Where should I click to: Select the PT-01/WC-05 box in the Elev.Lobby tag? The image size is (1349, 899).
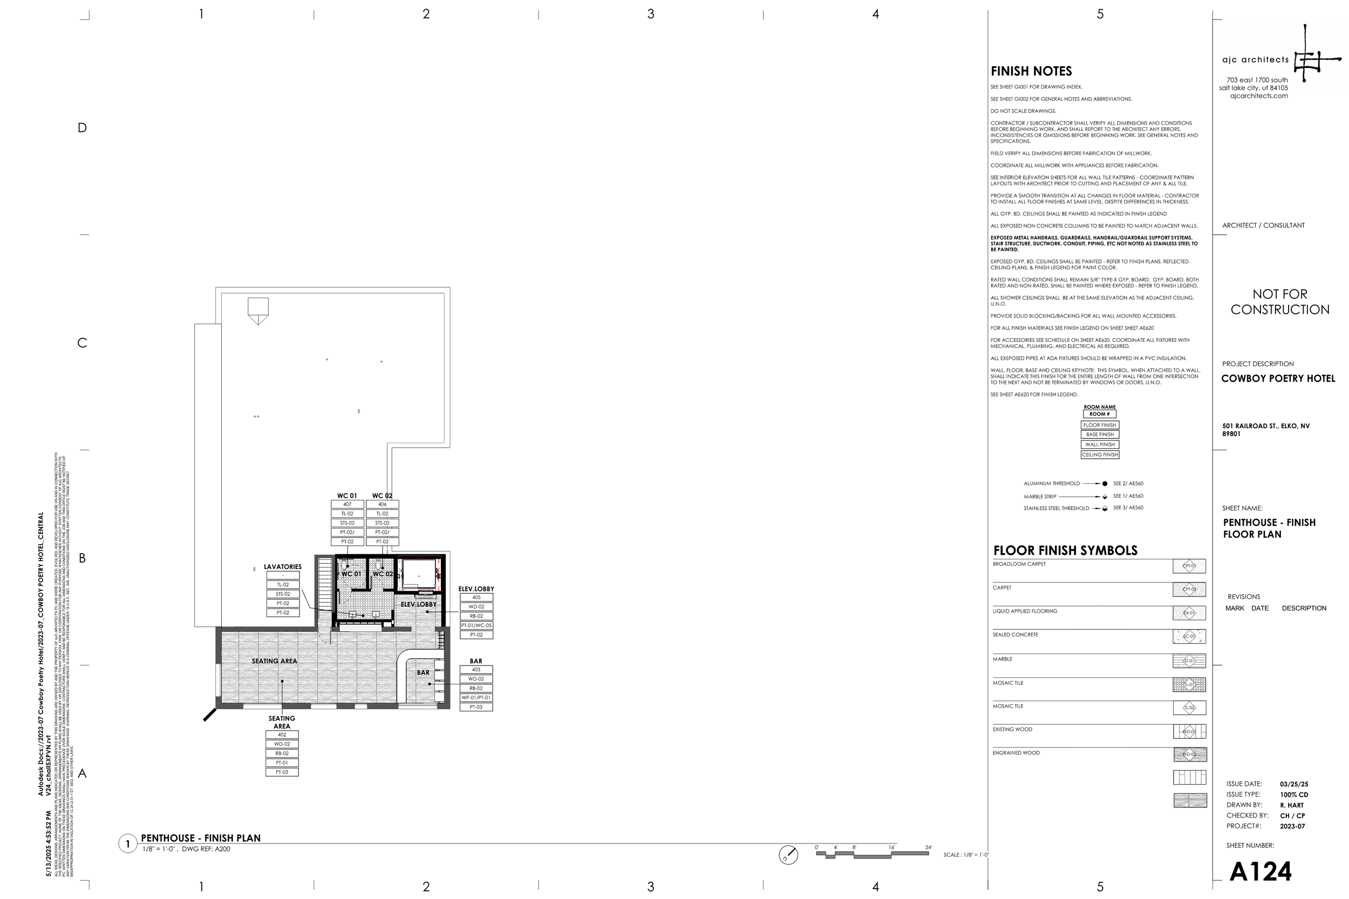coord(476,626)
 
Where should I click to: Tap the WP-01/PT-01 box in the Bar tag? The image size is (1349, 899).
coord(476,698)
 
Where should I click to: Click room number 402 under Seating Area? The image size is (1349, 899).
coord(282,735)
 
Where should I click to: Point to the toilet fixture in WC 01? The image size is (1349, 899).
coord(345,566)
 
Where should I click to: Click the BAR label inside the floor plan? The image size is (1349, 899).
coord(423,672)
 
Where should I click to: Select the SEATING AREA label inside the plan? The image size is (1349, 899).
coord(274,661)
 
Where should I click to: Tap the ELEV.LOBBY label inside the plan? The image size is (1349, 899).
coord(418,605)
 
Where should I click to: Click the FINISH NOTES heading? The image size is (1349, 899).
coord(1031,71)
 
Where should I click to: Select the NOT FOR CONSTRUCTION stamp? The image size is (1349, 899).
coord(1279,301)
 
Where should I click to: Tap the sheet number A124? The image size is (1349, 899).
coord(1260,871)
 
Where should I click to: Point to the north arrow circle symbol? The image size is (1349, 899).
coord(788,855)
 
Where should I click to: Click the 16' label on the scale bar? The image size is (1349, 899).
coord(891,847)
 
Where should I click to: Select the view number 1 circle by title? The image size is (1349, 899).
coord(127,844)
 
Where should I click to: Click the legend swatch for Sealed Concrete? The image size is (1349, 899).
coord(1189,636)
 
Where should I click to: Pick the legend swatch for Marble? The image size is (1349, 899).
coord(1189,661)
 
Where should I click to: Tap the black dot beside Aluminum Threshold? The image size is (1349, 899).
coord(1105,483)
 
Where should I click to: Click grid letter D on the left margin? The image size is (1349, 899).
coord(82,128)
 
